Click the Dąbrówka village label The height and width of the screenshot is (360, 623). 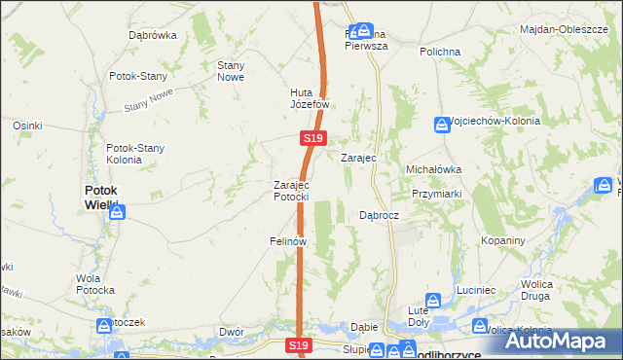coord(152,35)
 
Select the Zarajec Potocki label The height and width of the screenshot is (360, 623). coord(291,190)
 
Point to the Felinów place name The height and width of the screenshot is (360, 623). coord(288,240)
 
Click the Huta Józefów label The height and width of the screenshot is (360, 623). coord(311,99)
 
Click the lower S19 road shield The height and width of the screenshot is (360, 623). coord(299,345)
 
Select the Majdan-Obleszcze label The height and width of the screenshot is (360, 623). coord(571,29)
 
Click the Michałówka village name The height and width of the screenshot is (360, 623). coord(433,168)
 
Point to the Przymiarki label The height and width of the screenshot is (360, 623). coord(436,193)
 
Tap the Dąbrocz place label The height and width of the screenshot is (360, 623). coord(380,215)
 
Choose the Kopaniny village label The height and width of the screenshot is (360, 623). coord(503,240)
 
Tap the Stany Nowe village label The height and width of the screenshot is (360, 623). coord(230,71)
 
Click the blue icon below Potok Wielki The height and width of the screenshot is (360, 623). coord(116,210)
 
